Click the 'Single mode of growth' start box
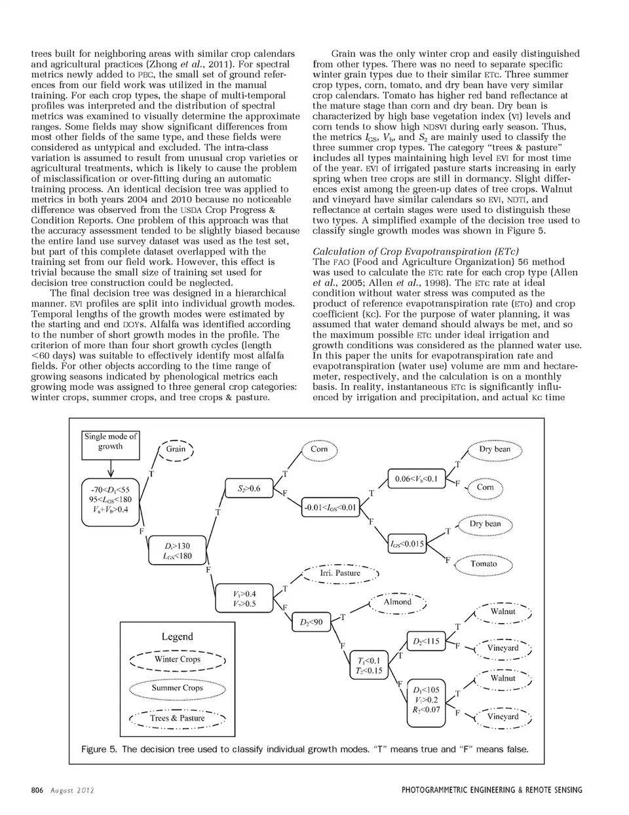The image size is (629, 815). point(110,442)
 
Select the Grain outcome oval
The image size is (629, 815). point(176,449)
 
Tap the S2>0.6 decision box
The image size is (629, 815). point(248,488)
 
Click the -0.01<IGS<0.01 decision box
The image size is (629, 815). point(330,507)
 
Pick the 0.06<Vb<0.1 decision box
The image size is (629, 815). point(416,479)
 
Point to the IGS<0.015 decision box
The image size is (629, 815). point(407,543)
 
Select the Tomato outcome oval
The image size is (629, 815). point(484,564)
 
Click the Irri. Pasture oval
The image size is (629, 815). point(340,573)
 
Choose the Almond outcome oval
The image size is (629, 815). point(398,602)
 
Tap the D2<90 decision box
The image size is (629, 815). point(312,623)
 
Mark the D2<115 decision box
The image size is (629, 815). point(427,642)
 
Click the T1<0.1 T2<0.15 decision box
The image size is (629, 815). point(370,666)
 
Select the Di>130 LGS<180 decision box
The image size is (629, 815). point(178,551)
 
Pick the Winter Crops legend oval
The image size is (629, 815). point(178,660)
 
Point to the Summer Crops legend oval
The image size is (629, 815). point(178,689)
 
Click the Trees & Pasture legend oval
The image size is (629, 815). point(178,718)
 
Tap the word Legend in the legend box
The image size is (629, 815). point(178,637)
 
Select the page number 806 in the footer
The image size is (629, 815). point(37,790)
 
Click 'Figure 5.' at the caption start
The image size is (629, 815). point(99,749)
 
